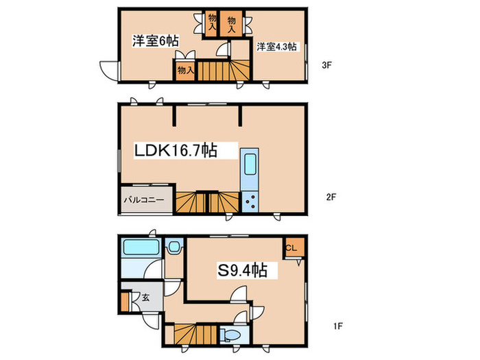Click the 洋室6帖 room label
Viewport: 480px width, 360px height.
pyautogui.click(x=156, y=40)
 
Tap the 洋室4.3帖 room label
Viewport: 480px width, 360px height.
pyautogui.click(x=276, y=47)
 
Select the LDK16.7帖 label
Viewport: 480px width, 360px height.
pyautogui.click(x=176, y=150)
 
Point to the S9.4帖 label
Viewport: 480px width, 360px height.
pyautogui.click(x=243, y=270)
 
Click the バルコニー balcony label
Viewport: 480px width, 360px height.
pyautogui.click(x=144, y=200)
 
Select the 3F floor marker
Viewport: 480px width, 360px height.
pyautogui.click(x=327, y=65)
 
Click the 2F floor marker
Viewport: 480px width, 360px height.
pyautogui.click(x=331, y=197)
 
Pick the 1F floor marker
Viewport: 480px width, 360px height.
pyautogui.click(x=338, y=326)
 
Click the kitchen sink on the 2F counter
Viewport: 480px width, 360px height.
pyautogui.click(x=250, y=164)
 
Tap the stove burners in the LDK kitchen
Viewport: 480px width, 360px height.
pyautogui.click(x=250, y=202)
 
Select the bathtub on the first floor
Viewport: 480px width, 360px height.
pyautogui.click(x=141, y=248)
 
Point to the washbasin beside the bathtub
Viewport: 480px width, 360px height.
pyautogui.click(x=174, y=245)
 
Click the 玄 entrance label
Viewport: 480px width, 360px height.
pyautogui.click(x=145, y=298)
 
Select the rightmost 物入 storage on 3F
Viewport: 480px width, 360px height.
pyautogui.click(x=232, y=24)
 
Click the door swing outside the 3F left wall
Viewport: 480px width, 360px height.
pyautogui.click(x=109, y=71)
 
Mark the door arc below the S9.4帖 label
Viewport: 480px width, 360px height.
pyautogui.click(x=238, y=294)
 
